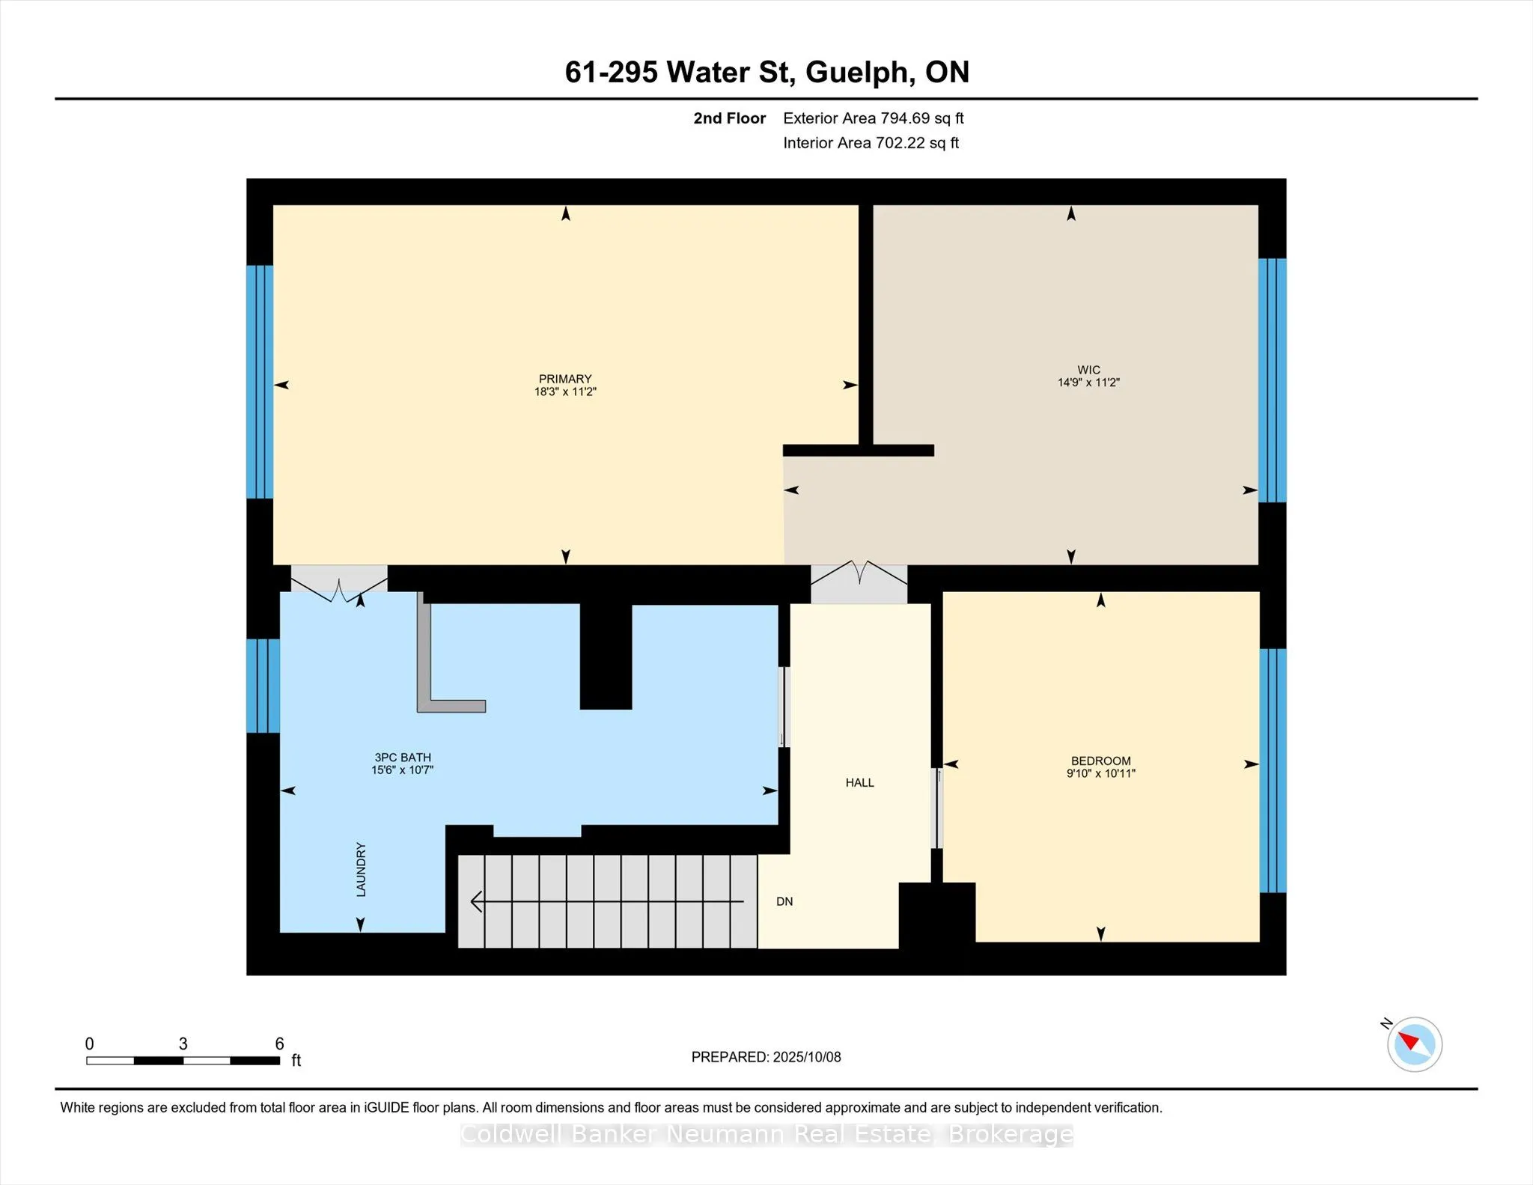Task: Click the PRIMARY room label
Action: [565, 379]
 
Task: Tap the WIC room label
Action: [1088, 370]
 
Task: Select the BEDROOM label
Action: [1100, 761]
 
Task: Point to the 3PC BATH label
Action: [403, 758]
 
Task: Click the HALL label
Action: [859, 782]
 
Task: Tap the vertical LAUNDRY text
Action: [361, 869]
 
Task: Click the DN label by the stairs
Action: [784, 901]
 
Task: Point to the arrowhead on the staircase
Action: [477, 902]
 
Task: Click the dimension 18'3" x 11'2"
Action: [565, 392]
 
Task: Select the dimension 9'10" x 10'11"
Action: [1100, 773]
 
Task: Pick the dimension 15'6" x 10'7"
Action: [403, 770]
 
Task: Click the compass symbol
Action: [1414, 1044]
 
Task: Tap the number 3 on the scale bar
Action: [183, 1044]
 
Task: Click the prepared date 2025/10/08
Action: [807, 1057]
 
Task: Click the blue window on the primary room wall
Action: [260, 382]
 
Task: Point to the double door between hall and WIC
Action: [859, 583]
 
